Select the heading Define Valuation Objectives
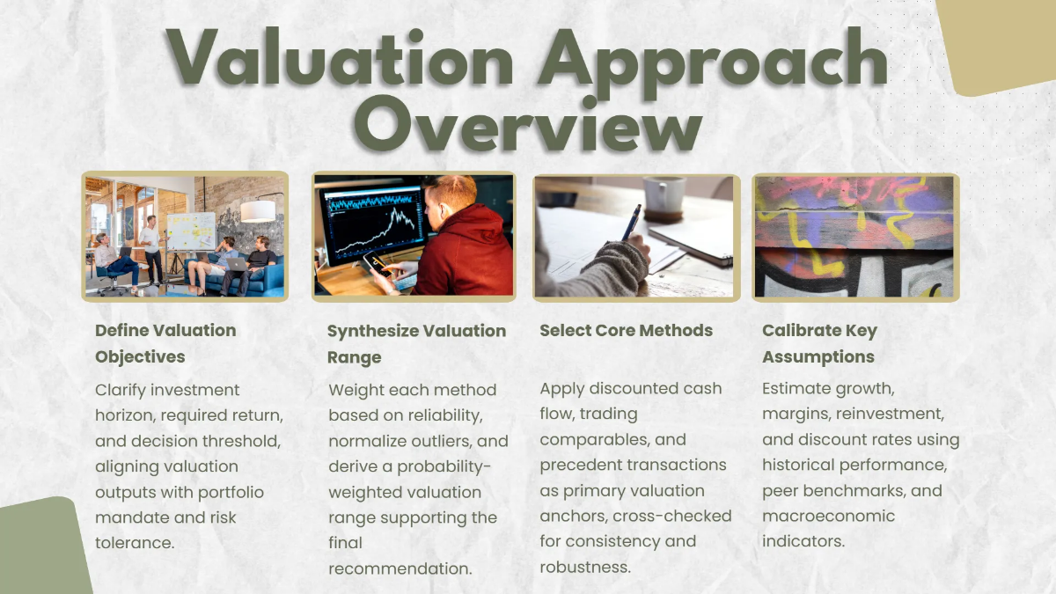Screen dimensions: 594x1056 click(x=165, y=343)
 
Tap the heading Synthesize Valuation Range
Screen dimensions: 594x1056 click(x=416, y=344)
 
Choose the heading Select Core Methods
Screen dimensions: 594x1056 click(x=626, y=331)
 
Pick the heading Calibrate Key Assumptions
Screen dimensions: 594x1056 click(x=819, y=343)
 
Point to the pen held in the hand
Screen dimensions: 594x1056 click(x=631, y=225)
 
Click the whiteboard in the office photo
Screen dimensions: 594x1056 click(x=190, y=231)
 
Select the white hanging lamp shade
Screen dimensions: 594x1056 click(x=257, y=211)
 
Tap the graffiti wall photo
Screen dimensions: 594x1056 click(x=854, y=236)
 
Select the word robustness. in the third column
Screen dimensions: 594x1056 click(x=585, y=567)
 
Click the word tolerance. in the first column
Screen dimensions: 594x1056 click(x=135, y=543)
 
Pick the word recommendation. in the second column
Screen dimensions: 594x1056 click(x=400, y=568)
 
